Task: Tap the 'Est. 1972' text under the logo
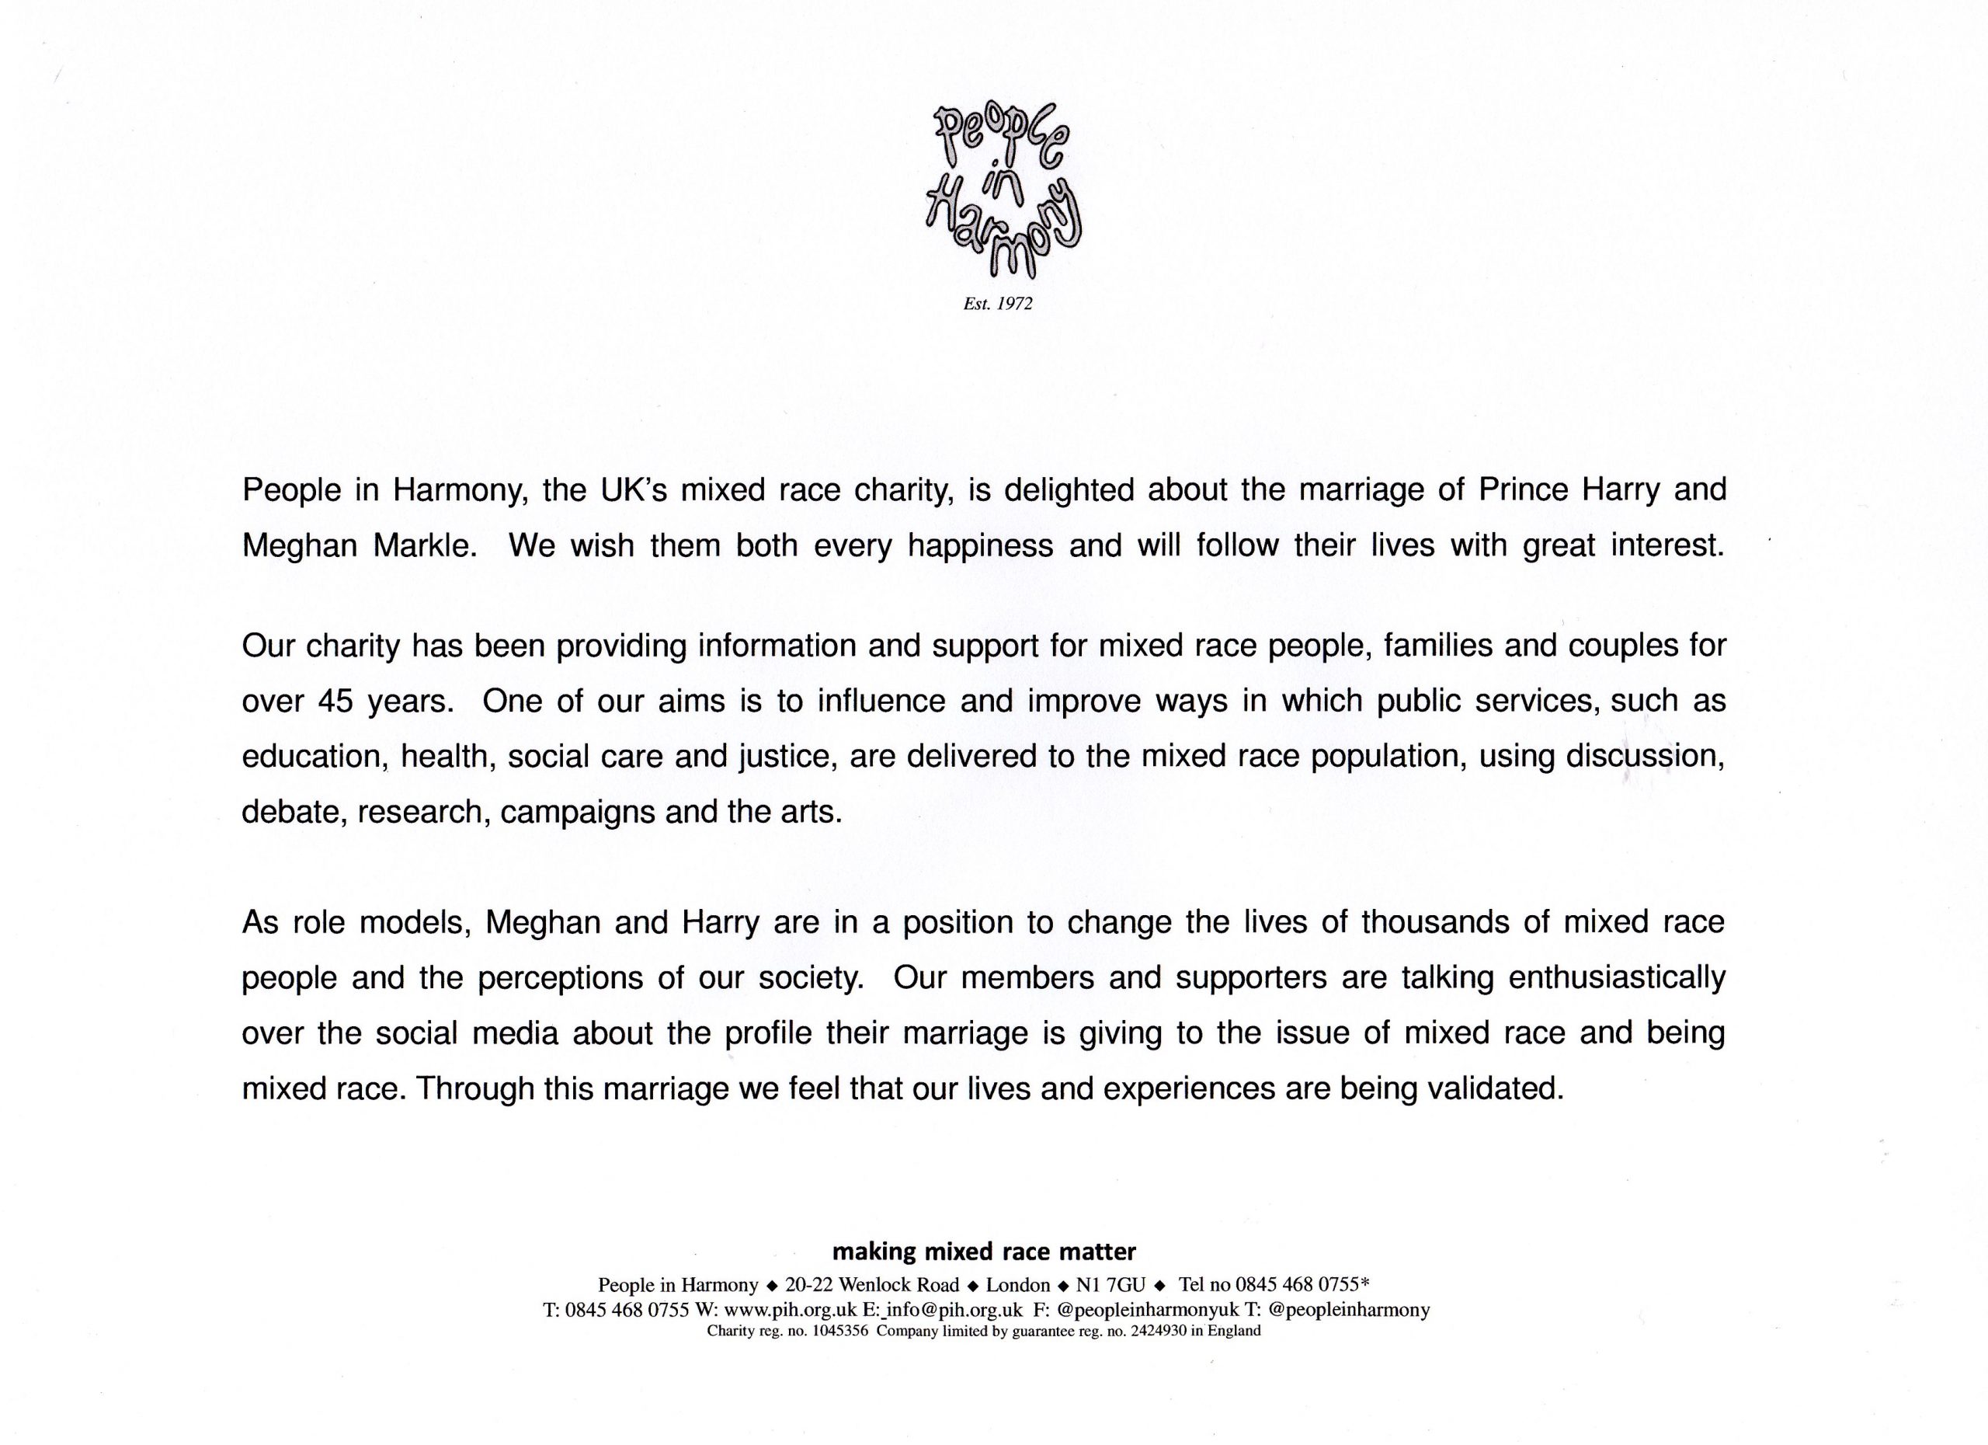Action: point(998,305)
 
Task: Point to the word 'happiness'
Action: point(980,545)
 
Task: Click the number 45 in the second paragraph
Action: point(335,702)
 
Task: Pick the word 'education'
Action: point(315,757)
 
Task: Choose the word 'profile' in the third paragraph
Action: point(768,1033)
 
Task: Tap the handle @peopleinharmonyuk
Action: point(1149,1310)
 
